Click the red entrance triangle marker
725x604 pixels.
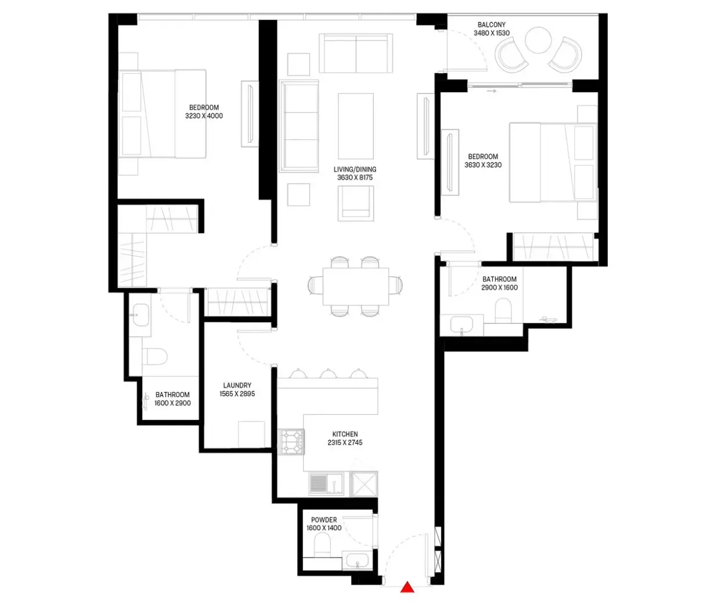click(x=407, y=587)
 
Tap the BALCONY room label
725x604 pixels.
click(x=491, y=24)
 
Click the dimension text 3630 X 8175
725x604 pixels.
click(x=355, y=178)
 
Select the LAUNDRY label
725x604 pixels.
click(x=237, y=386)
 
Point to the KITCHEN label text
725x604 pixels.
click(x=345, y=434)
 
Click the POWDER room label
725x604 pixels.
click(x=324, y=520)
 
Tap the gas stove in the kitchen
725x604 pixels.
click(x=291, y=442)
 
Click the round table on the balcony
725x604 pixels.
click(x=538, y=40)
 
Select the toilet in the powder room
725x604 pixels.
click(x=322, y=545)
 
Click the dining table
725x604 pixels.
click(x=356, y=286)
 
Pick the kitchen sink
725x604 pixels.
click(x=326, y=483)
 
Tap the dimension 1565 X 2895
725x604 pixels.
click(x=237, y=394)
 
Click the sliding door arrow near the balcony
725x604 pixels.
click(x=491, y=91)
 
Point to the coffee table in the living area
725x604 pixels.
click(x=356, y=126)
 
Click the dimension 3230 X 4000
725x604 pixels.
click(x=204, y=116)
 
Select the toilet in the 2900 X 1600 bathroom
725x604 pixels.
click(x=503, y=310)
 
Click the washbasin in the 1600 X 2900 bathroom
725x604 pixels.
click(x=140, y=315)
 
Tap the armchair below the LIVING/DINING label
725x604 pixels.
click(x=356, y=203)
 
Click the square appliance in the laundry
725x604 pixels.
click(x=252, y=434)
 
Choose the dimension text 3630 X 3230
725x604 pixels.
click(x=483, y=165)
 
